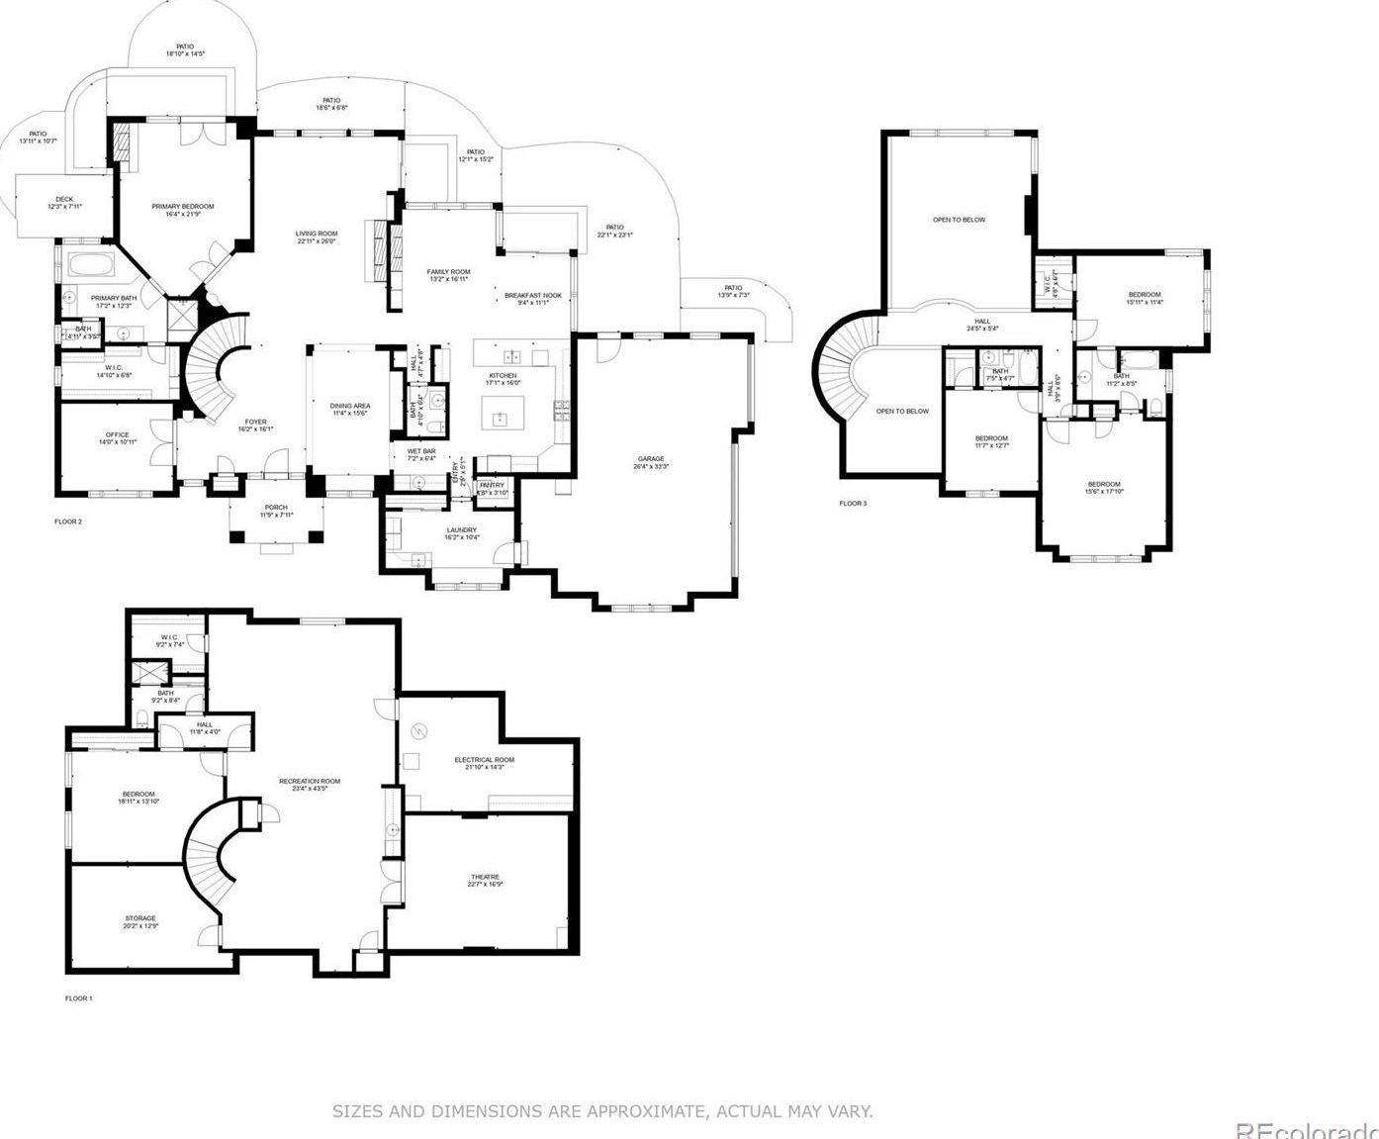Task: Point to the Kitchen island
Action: (x=503, y=412)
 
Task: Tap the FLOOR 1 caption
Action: (x=78, y=998)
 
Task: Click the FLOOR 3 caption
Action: (x=853, y=504)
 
